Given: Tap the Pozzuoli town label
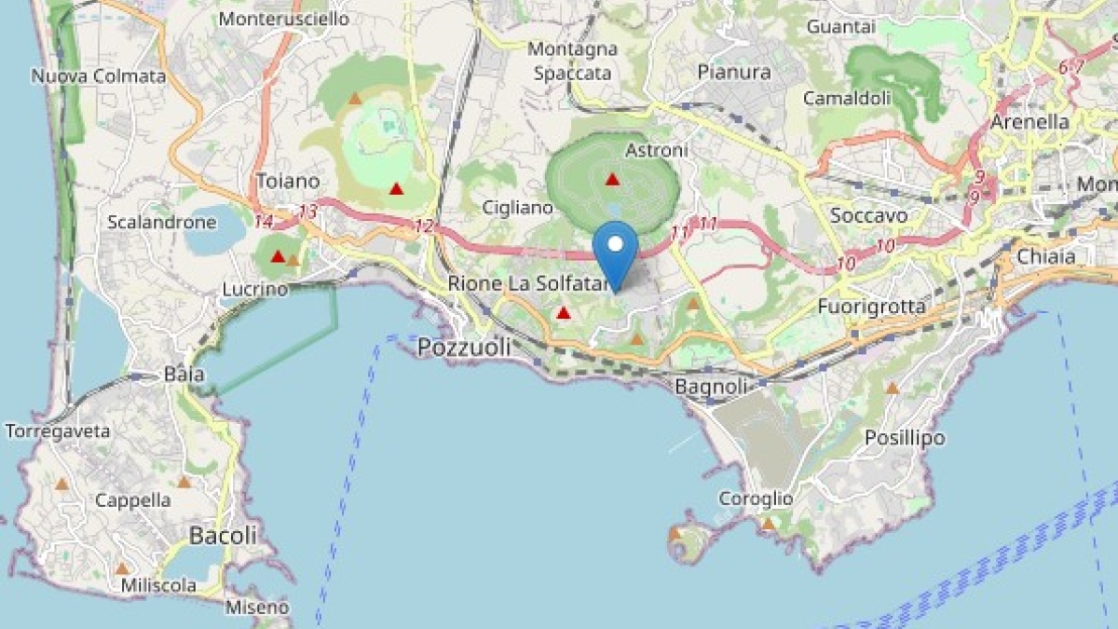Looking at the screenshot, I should click(x=464, y=348).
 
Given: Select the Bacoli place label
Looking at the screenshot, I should click(x=223, y=535).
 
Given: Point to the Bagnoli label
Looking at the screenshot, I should click(x=711, y=386).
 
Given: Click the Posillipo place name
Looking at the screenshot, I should click(x=904, y=437).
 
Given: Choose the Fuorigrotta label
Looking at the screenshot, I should click(x=872, y=306).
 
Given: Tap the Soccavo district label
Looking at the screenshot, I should click(x=868, y=215).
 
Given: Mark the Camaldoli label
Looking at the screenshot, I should click(x=847, y=98).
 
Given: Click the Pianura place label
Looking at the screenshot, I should click(x=734, y=72).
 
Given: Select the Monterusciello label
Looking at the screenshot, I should click(x=283, y=19).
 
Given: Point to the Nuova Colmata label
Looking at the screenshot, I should click(x=98, y=76).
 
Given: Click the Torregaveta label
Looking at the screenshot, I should click(x=58, y=431).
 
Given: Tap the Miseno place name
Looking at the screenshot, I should click(x=257, y=608).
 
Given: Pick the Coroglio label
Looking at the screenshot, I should click(x=756, y=499).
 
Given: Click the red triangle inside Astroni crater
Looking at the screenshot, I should click(x=612, y=179).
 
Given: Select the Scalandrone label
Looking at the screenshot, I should click(x=161, y=222).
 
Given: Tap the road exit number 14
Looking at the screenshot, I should click(x=263, y=222).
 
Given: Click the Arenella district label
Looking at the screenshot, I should click(x=1030, y=122).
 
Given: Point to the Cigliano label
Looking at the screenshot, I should click(x=518, y=208).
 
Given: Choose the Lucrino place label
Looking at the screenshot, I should click(x=254, y=290).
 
